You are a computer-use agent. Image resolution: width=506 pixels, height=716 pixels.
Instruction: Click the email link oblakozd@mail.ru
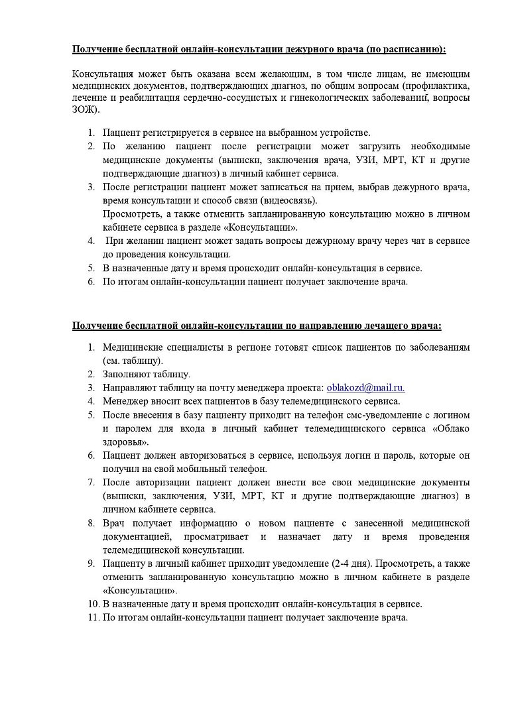(x=366, y=388)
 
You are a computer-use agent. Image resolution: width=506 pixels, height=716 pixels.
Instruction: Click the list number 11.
(x=93, y=617)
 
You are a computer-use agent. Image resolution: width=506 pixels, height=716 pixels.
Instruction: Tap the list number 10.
(x=93, y=604)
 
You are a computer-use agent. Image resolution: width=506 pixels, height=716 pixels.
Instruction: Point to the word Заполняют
(x=127, y=375)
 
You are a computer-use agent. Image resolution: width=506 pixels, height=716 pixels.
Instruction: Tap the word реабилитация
(x=143, y=97)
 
